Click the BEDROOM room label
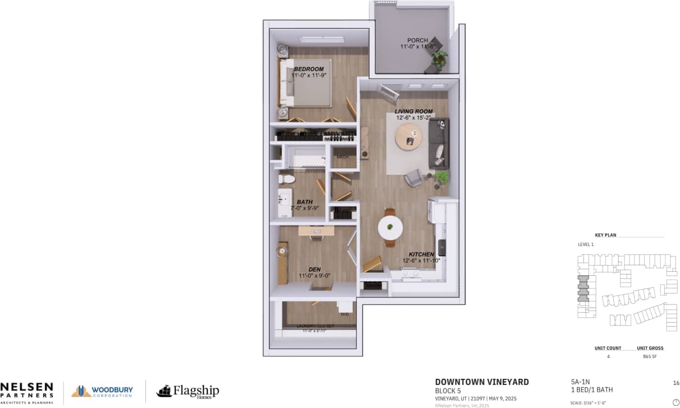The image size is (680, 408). point(309,70)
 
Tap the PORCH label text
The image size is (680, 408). point(417,40)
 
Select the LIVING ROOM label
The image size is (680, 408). point(413,112)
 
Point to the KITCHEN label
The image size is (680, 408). point(420,254)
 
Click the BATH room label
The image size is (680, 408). point(305,202)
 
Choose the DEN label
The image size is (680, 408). point(314,269)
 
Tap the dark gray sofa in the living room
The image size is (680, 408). point(439,144)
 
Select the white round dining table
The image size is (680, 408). point(390,227)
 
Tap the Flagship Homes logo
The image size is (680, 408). point(188,391)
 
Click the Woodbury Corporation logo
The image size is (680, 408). point(102,391)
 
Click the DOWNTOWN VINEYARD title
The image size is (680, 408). point(482,382)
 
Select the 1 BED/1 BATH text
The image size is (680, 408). point(591,390)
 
